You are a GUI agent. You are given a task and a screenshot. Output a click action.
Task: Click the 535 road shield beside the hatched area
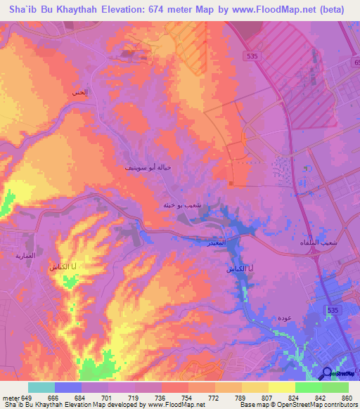click(x=252, y=55)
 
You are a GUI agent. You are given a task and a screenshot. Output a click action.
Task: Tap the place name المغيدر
click(x=215, y=242)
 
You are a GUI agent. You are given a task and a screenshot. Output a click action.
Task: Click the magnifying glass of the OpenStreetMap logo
click(x=326, y=373)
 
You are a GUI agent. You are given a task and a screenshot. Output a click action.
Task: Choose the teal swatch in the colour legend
click(x=41, y=387)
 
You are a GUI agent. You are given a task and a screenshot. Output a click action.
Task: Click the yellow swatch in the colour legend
click(x=281, y=387)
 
